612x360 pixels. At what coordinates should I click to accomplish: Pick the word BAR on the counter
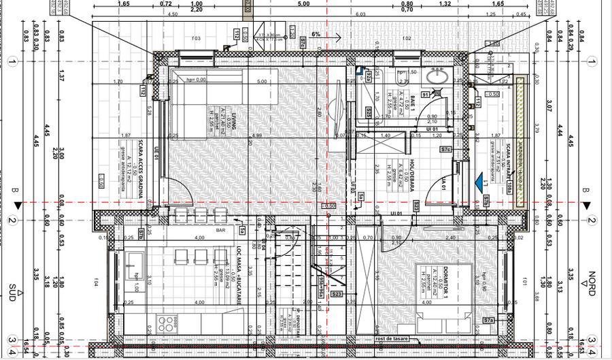(221, 231)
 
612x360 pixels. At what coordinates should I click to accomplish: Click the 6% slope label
(316, 33)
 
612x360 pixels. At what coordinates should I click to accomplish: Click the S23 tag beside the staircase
(337, 294)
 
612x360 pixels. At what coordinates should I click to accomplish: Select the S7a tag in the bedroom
(488, 320)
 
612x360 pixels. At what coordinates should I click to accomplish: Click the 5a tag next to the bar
(243, 231)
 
